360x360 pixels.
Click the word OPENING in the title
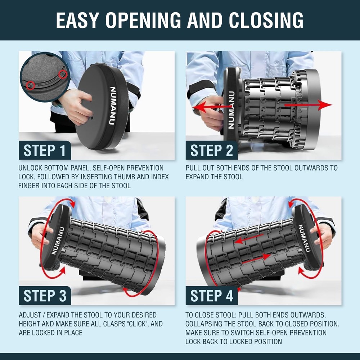(143, 20)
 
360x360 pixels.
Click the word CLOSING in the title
(266, 20)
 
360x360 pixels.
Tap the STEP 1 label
(45, 150)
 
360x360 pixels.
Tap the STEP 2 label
(212, 150)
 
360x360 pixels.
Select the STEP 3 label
(45, 296)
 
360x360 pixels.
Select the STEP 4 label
(212, 296)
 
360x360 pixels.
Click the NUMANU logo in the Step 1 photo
(112, 105)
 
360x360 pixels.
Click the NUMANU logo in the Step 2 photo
(231, 110)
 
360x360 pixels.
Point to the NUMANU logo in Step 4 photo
(304, 238)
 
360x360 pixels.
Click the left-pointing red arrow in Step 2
(212, 107)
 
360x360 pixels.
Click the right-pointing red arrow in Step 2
(308, 105)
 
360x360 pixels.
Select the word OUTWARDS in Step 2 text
(311, 168)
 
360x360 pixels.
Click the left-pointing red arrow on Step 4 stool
(249, 239)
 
